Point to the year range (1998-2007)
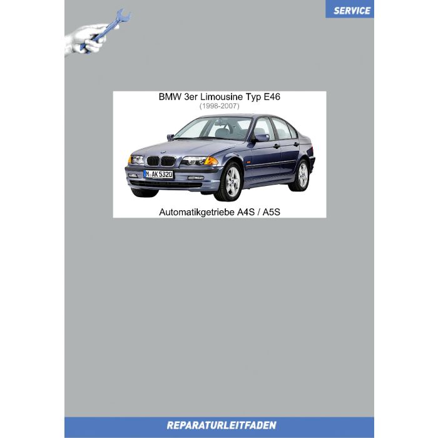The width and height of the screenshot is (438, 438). point(219,106)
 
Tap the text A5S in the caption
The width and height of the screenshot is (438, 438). point(272,212)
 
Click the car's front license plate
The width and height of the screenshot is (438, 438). point(158,173)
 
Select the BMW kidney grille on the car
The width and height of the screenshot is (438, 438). point(160,160)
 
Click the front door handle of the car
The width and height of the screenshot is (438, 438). point(275,146)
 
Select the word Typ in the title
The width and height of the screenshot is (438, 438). point(250,98)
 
